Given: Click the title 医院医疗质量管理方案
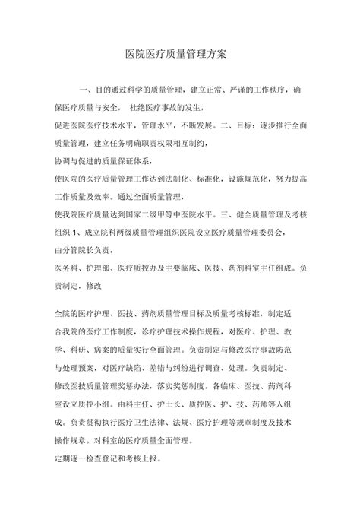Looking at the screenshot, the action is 180,55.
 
